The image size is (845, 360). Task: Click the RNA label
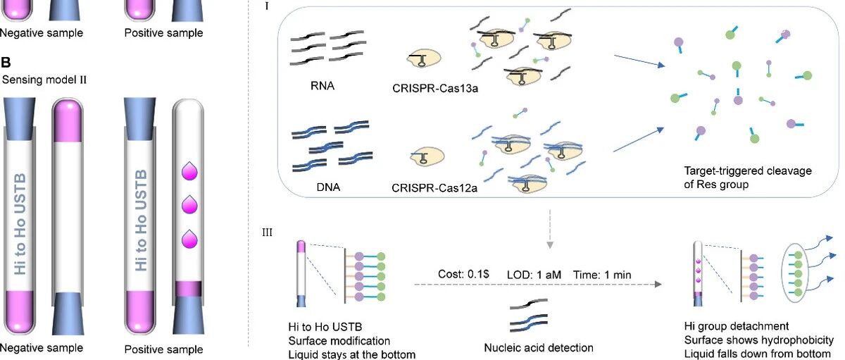(323, 86)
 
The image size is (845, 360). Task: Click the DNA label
(328, 187)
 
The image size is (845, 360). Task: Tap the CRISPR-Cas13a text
(435, 88)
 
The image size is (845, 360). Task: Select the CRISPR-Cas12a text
(434, 188)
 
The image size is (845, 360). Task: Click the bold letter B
(6, 62)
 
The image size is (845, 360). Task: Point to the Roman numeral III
(267, 232)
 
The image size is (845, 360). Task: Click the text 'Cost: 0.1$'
(463, 274)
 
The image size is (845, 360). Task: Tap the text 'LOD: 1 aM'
(534, 275)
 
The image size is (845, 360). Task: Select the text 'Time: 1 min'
(602, 275)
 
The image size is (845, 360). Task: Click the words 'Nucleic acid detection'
(538, 347)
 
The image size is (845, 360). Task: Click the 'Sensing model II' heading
(44, 80)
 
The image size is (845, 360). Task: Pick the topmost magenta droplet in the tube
(189, 171)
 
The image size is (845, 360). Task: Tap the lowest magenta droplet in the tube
(189, 240)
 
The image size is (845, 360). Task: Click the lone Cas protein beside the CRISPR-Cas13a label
(424, 58)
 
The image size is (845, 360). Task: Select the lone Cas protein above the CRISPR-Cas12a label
(427, 156)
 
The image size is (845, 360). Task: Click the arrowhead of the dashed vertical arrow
(550, 245)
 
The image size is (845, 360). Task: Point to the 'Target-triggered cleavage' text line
(748, 171)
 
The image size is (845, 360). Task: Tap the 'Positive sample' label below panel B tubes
(163, 349)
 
